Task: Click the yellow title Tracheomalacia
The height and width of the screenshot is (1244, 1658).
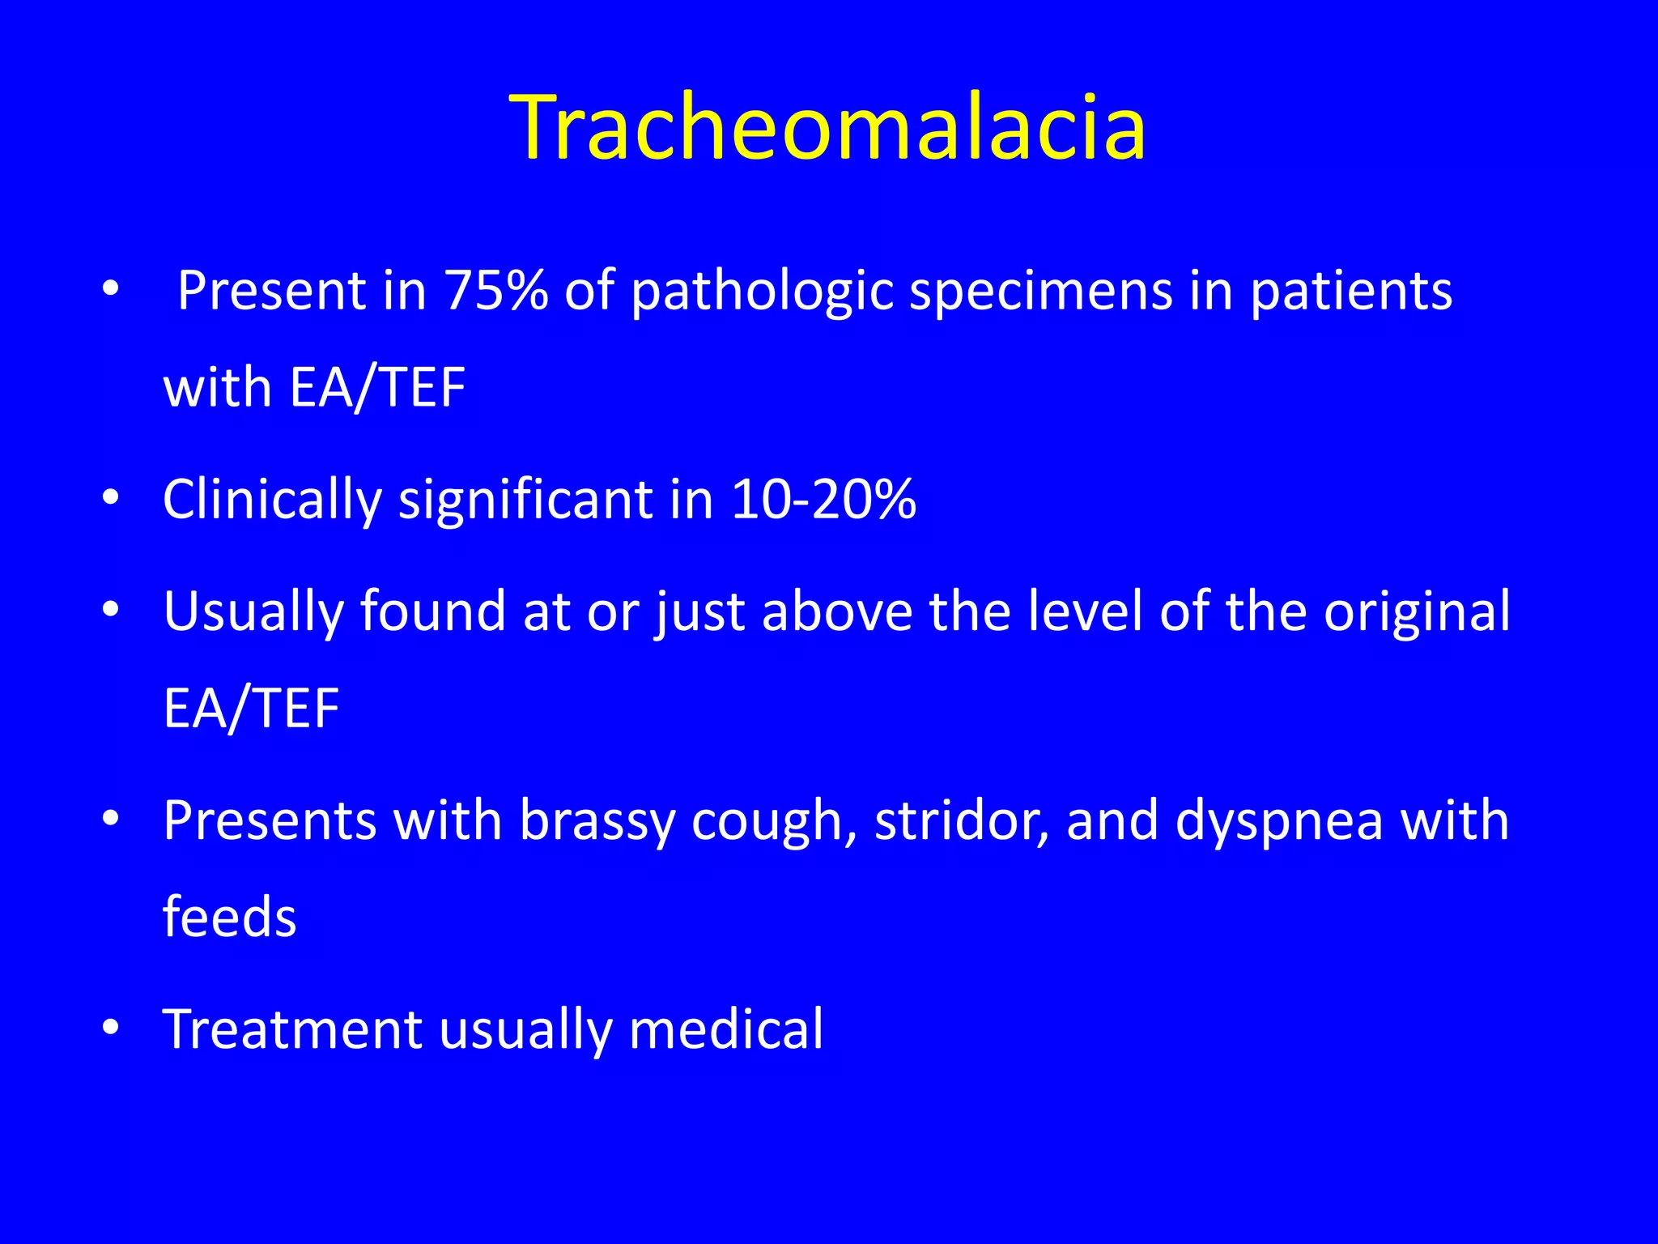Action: (x=827, y=128)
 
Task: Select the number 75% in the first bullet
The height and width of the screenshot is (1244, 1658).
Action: (x=496, y=290)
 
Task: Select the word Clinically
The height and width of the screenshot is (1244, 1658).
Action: (x=272, y=501)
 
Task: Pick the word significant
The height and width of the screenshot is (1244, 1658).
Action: (x=526, y=501)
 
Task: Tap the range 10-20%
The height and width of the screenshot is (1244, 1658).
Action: (x=823, y=499)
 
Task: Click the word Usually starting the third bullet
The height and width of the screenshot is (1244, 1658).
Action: (x=253, y=612)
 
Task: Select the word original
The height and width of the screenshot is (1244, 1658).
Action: (x=1416, y=612)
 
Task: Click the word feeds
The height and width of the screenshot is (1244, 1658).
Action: (x=230, y=917)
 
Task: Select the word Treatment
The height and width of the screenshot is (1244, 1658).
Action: (x=292, y=1029)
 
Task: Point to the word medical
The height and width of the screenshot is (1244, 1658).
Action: (x=725, y=1029)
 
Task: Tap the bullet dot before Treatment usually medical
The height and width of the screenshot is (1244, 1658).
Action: (x=111, y=1027)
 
